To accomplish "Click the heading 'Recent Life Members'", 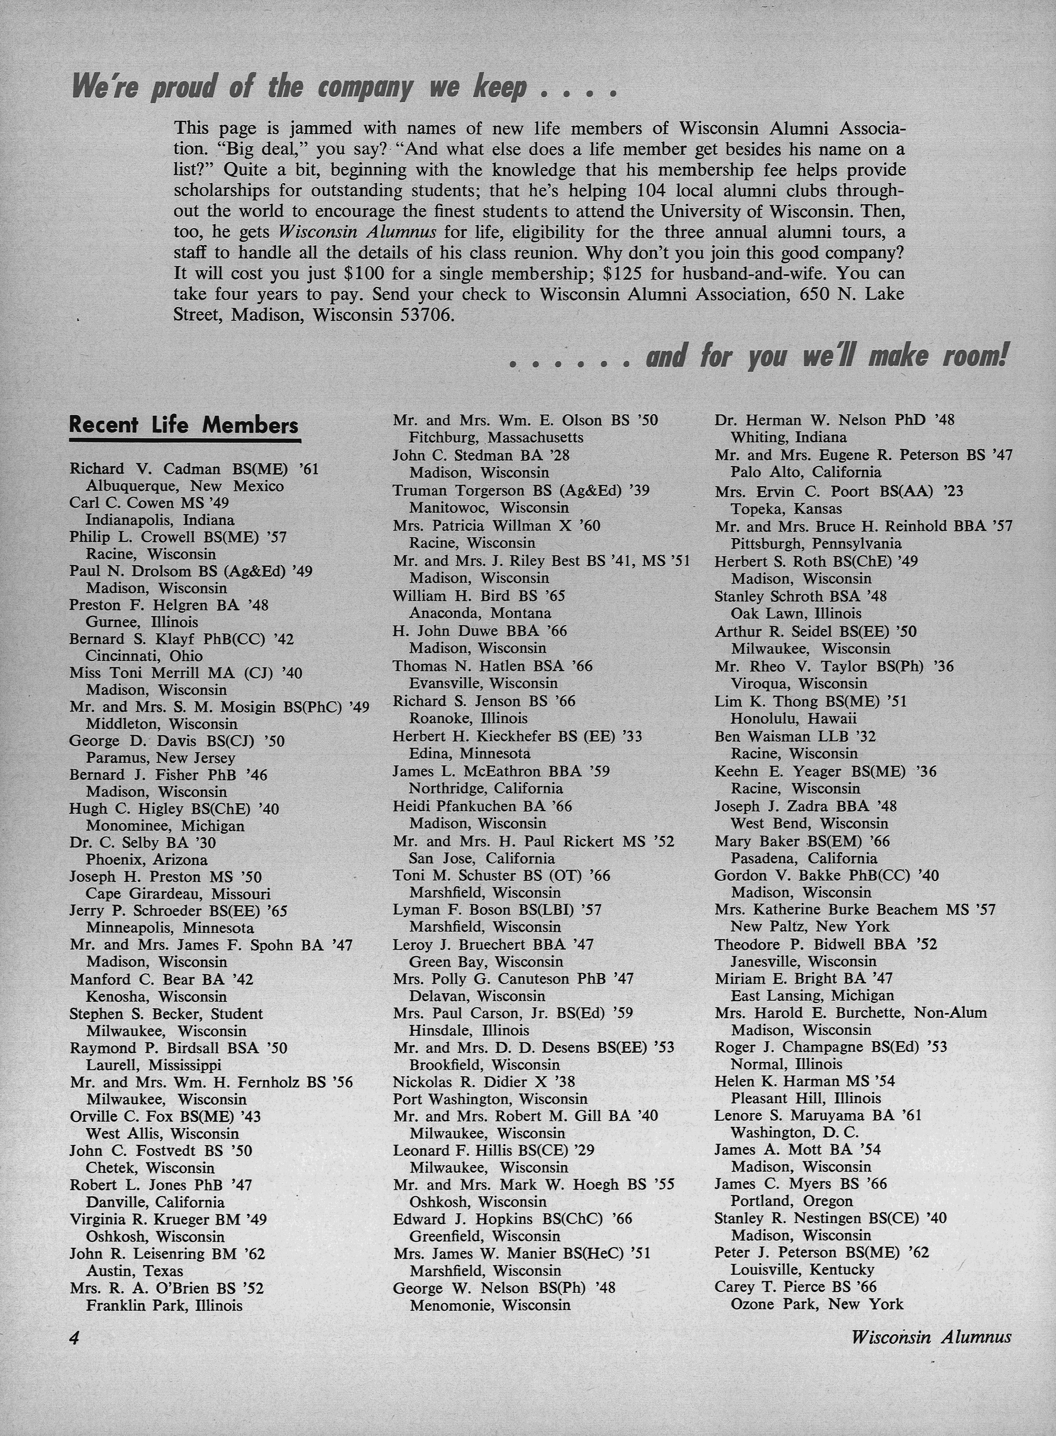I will point(183,425).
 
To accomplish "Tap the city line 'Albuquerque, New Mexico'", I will point(185,486).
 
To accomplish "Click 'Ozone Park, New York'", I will point(817,1304).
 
